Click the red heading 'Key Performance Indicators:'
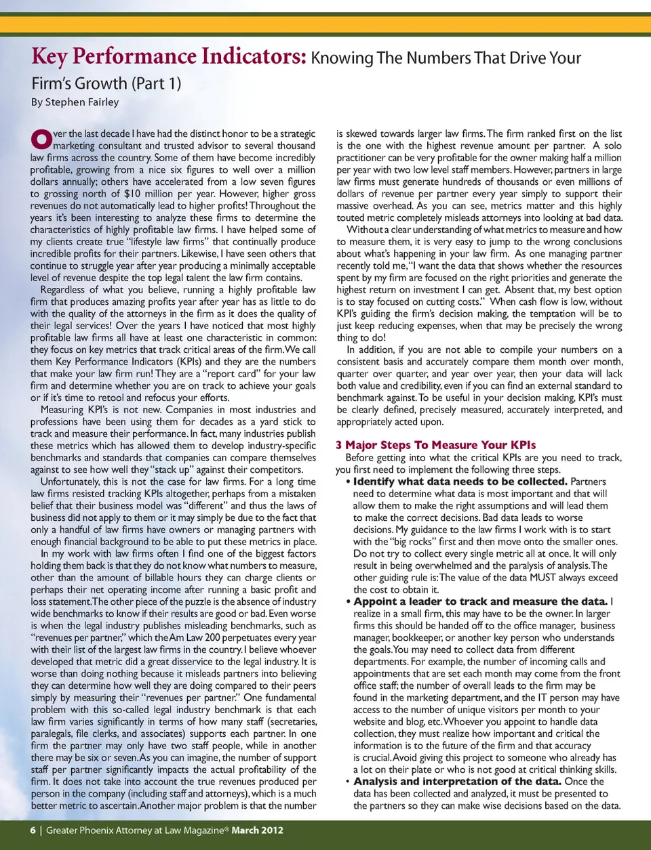pyautogui.click(x=169, y=56)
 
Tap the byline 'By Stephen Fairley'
pyautogui.click(x=75, y=102)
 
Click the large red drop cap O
pyautogui.click(x=41, y=139)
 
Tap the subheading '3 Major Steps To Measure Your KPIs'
pyautogui.click(x=435, y=445)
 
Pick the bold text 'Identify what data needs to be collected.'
pyautogui.click(x=460, y=482)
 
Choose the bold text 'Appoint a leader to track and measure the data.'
pyautogui.click(x=480, y=601)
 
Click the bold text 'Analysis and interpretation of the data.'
pyautogui.click(x=457, y=781)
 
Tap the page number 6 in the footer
pyautogui.click(x=33, y=830)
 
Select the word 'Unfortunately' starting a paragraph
pyautogui.click(x=70, y=482)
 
